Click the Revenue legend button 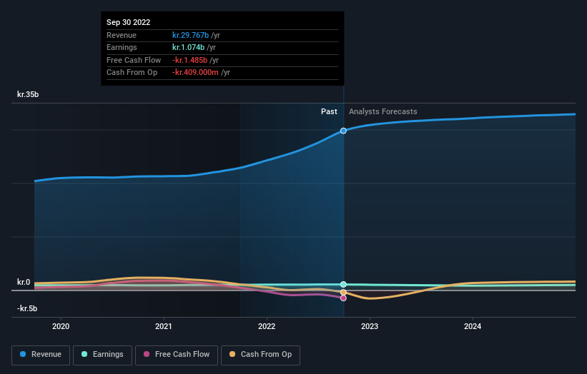click(41, 355)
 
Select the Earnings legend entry click(102, 355)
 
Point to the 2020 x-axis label click(61, 327)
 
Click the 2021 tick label click(164, 327)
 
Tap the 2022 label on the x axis click(267, 327)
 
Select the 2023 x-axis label click(370, 327)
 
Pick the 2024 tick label click(473, 327)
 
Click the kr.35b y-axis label click(29, 94)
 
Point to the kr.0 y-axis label click(24, 282)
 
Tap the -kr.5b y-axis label click(28, 308)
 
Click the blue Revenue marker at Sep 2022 click(344, 131)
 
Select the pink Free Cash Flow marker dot click(344, 298)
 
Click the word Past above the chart click(329, 111)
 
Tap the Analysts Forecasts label click(383, 111)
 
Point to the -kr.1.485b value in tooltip click(189, 60)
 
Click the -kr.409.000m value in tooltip click(195, 72)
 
